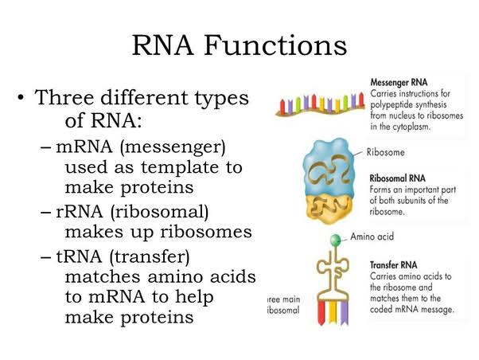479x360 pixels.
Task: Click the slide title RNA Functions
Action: pos(240,44)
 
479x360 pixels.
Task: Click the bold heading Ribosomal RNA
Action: pos(403,178)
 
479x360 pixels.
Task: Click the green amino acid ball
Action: pos(337,238)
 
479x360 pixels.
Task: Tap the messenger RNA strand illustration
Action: pos(318,104)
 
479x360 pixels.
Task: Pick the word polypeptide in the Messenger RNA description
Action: pos(395,105)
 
